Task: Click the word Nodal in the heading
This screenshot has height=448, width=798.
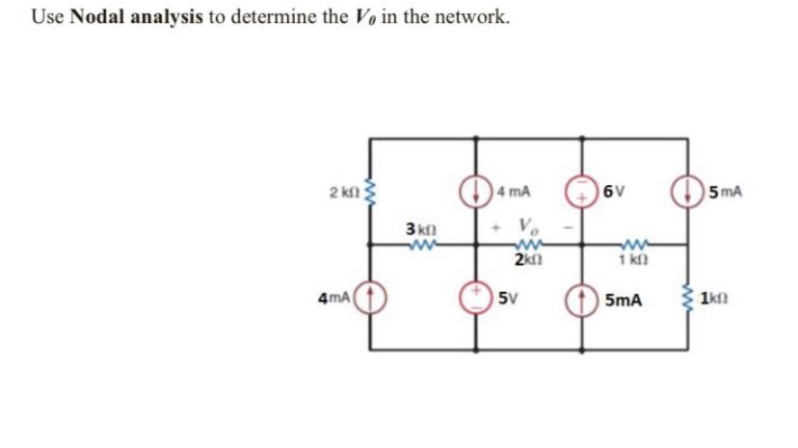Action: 95,16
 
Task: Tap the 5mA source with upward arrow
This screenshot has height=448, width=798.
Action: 582,297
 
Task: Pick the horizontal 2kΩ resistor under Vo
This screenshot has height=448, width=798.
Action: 526,246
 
